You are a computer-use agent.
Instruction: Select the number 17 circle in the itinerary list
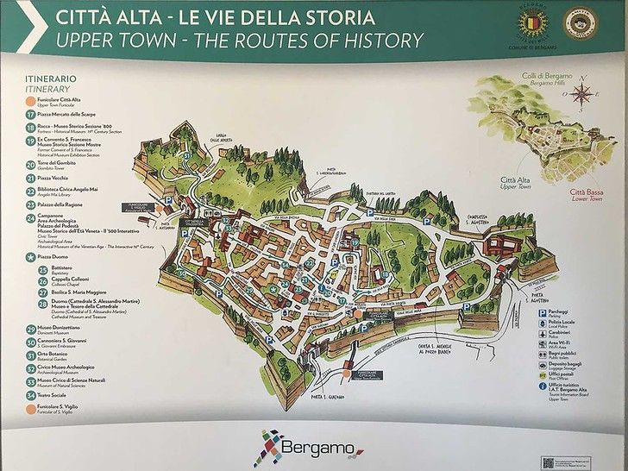(x=30, y=113)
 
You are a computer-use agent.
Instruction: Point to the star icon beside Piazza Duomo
(x=30, y=256)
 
